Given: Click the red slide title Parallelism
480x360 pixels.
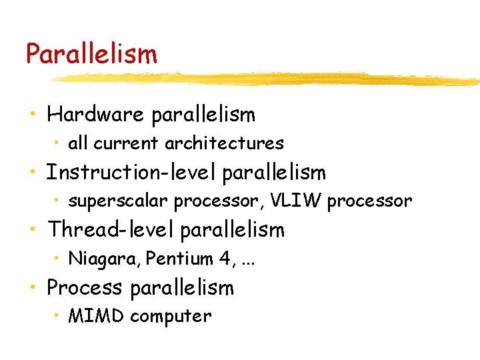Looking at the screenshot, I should click(x=91, y=53).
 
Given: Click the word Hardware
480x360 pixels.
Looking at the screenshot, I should click(x=95, y=115).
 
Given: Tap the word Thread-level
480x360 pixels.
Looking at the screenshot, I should click(x=111, y=230).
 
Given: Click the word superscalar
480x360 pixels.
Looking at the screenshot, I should click(x=118, y=201).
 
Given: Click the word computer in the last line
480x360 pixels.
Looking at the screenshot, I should click(x=171, y=317).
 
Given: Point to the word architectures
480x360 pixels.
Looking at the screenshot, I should click(x=224, y=143).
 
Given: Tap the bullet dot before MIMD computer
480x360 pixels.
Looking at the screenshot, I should click(x=59, y=316).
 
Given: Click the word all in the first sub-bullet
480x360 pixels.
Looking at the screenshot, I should click(x=78, y=143).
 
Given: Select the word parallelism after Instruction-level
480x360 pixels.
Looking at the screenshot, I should click(x=274, y=173).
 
